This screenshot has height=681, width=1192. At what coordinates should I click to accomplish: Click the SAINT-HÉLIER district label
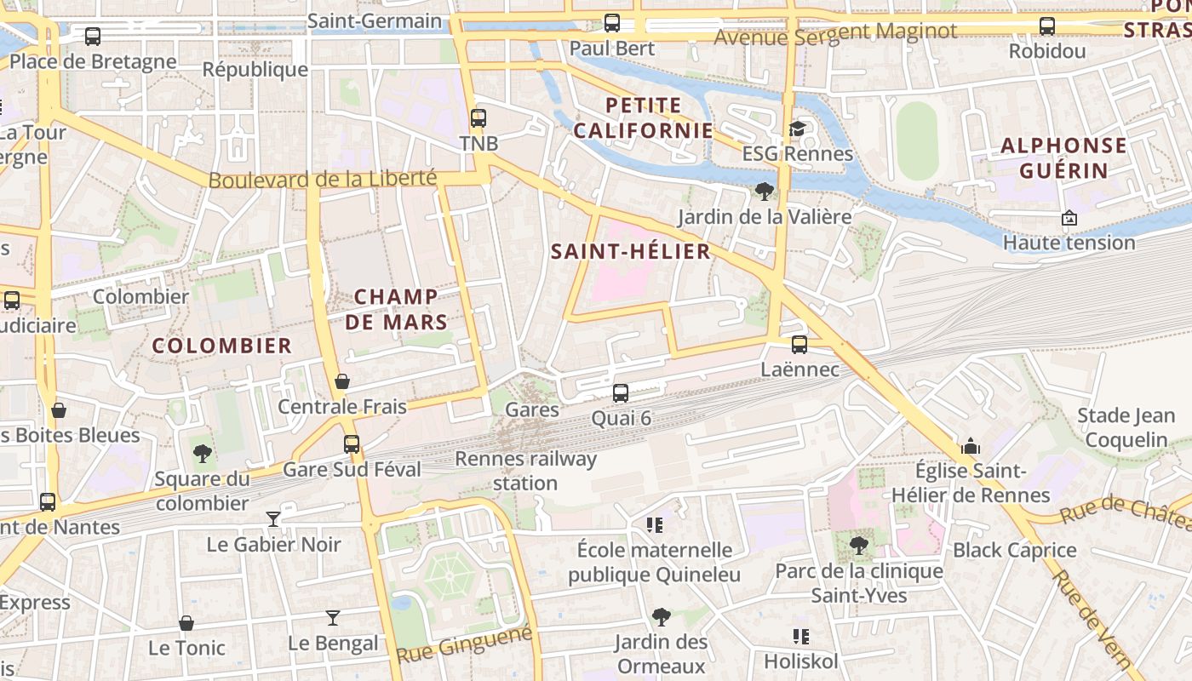(x=630, y=251)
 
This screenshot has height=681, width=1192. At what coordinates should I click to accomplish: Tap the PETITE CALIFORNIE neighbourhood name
(x=643, y=117)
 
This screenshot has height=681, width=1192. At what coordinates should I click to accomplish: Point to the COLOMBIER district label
(x=221, y=346)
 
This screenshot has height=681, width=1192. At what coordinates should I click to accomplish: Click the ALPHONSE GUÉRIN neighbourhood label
(x=1063, y=157)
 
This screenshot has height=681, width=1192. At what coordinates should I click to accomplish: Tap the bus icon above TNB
(x=479, y=118)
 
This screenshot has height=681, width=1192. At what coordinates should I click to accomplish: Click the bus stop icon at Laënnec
(x=799, y=345)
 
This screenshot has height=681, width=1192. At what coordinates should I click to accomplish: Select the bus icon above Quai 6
(x=621, y=393)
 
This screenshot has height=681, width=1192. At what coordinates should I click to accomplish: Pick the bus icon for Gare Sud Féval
(x=351, y=444)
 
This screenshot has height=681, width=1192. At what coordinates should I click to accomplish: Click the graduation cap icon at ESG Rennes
(x=797, y=129)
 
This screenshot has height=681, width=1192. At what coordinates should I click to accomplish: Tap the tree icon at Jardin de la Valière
(x=764, y=192)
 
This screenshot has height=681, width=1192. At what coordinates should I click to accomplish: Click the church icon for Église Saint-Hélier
(x=970, y=446)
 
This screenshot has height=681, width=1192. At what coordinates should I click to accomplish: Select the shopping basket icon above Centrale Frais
(x=342, y=381)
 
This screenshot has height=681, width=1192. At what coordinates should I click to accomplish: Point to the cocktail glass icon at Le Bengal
(x=333, y=618)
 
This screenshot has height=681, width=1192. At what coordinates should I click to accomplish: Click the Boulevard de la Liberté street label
(x=322, y=180)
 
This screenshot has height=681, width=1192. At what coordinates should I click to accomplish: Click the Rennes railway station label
(x=525, y=471)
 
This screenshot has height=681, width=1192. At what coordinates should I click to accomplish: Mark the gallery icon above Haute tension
(x=1069, y=219)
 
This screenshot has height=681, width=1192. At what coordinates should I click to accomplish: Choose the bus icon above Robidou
(x=1046, y=26)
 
